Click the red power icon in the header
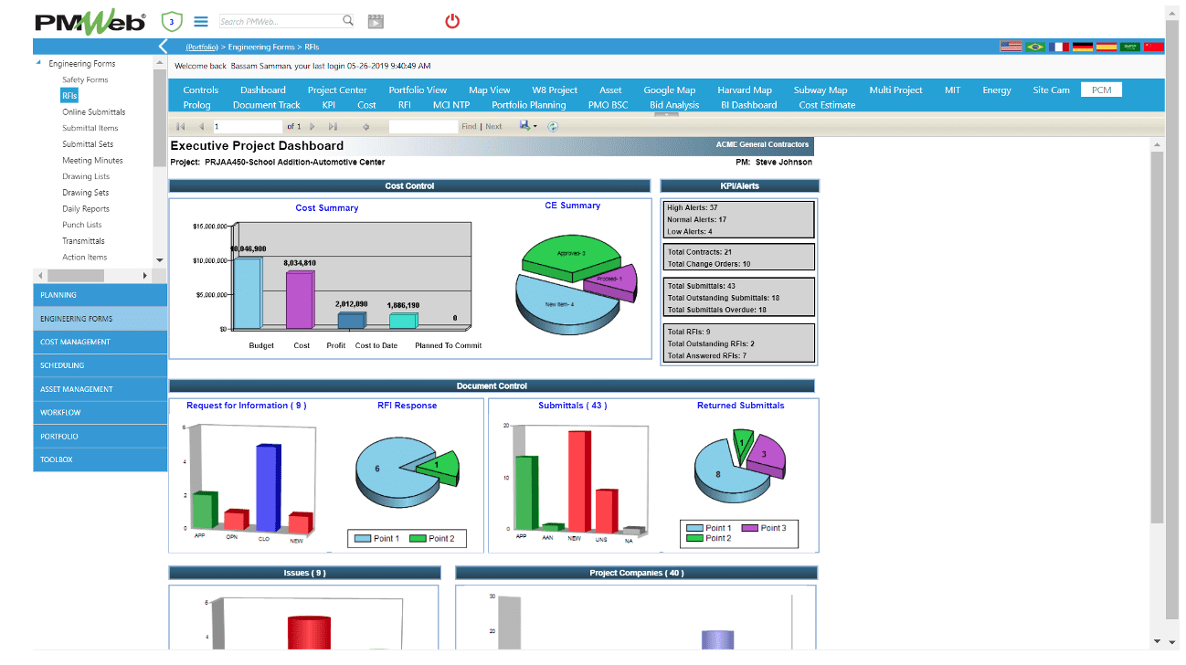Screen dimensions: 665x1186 452,21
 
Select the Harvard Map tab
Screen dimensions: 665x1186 745,90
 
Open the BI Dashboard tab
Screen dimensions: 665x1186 748,105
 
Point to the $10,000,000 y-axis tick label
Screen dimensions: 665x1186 211,260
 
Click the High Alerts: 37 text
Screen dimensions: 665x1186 693,208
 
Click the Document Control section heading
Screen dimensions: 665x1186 492,385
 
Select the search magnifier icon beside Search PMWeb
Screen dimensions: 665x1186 348,20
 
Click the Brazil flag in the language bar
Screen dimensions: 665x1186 1035,47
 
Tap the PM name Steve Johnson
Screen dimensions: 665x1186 783,163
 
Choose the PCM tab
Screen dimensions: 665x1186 1101,90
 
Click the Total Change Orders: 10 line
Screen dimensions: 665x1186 709,264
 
